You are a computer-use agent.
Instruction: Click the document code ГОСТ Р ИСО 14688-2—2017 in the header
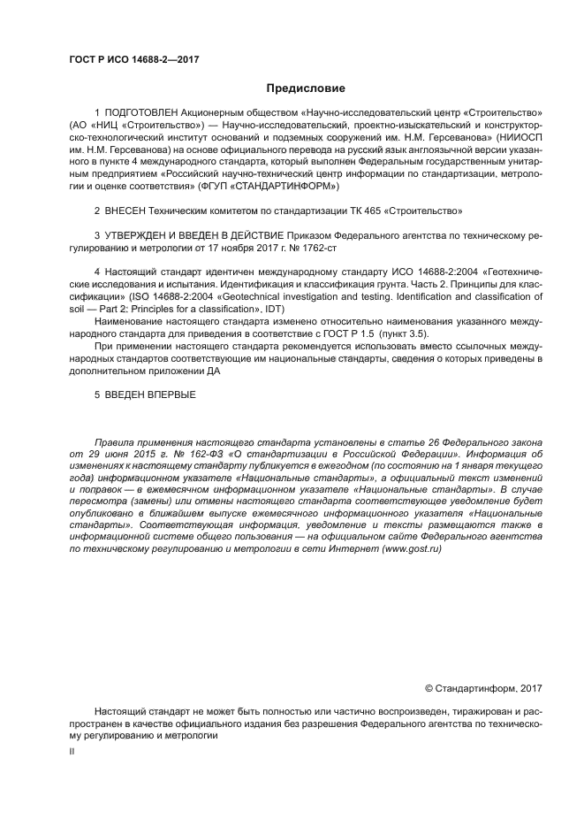[x=133, y=59]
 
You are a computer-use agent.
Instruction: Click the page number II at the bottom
[x=72, y=750]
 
